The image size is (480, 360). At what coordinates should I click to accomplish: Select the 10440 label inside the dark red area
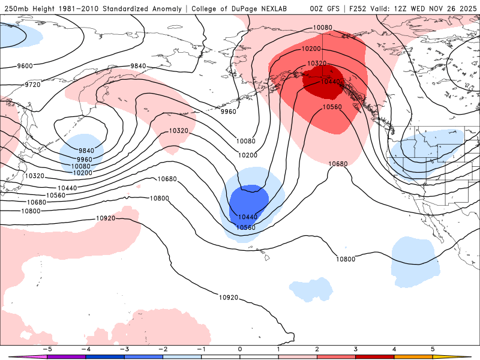[332, 82]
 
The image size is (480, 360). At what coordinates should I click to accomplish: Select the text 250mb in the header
[16, 8]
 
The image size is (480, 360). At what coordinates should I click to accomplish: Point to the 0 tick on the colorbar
[239, 348]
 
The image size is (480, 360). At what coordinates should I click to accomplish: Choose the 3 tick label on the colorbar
[355, 348]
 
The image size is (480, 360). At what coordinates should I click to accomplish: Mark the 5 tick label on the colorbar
[433, 348]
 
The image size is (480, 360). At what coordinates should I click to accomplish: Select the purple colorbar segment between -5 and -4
[67, 356]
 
